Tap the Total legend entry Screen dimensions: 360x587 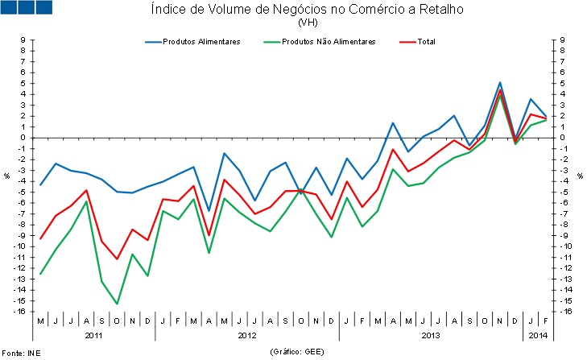pos(426,41)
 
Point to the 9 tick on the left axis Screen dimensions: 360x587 pos(23,39)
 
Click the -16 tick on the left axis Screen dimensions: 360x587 pos(22,312)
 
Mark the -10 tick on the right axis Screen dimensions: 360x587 pos(563,246)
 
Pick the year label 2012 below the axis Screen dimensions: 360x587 pos(246,333)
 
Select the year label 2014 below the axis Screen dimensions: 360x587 pos(538,333)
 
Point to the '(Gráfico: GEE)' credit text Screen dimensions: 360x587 pos(296,352)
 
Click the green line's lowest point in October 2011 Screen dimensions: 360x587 pos(117,304)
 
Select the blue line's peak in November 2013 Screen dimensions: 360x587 pos(500,82)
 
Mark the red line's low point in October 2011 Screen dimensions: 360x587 pos(117,259)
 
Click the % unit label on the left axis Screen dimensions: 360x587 pos(7,176)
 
